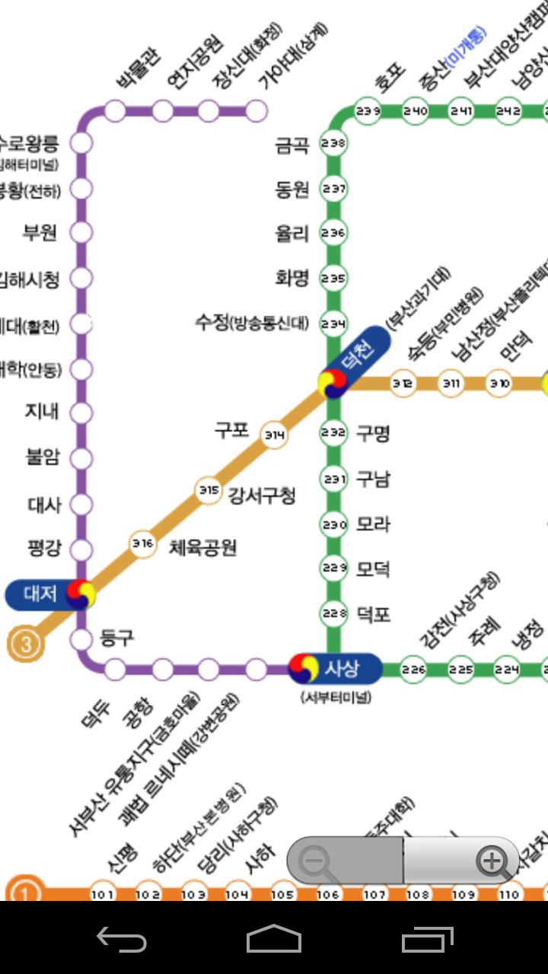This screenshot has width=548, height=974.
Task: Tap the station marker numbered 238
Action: coord(333,142)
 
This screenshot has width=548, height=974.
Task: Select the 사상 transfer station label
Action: coord(341,668)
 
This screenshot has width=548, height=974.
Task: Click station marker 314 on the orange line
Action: coord(274,435)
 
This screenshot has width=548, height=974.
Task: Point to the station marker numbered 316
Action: coord(142,543)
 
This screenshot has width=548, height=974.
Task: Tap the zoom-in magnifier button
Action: coord(492,861)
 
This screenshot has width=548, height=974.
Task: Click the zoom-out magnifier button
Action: coord(313,861)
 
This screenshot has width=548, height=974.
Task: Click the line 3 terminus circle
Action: coord(26,645)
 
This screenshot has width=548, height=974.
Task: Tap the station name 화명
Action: coord(292,279)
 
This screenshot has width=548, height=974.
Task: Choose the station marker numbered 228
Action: coord(333,613)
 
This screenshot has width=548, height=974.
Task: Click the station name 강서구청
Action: coord(262,495)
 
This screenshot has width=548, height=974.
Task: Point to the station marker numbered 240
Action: coord(416,111)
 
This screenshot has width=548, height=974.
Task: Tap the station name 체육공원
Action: coord(202,546)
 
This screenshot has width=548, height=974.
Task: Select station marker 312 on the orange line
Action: coord(403,383)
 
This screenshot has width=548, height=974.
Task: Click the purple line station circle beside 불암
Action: coord(81,458)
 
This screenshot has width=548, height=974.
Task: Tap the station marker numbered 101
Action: coord(103,895)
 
